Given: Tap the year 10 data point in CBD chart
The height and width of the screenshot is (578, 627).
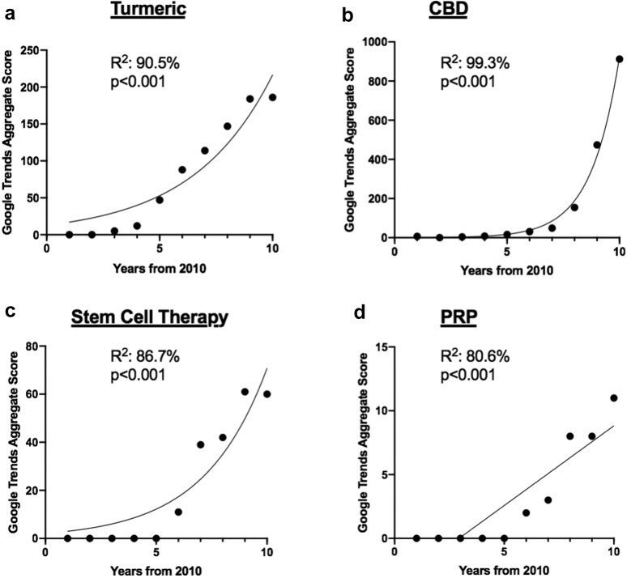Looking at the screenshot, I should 619,59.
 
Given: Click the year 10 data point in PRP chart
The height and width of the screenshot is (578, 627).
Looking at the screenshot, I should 613,397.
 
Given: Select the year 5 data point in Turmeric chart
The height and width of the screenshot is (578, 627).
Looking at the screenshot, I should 160,200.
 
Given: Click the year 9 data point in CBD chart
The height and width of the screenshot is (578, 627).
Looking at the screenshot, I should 597,145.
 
